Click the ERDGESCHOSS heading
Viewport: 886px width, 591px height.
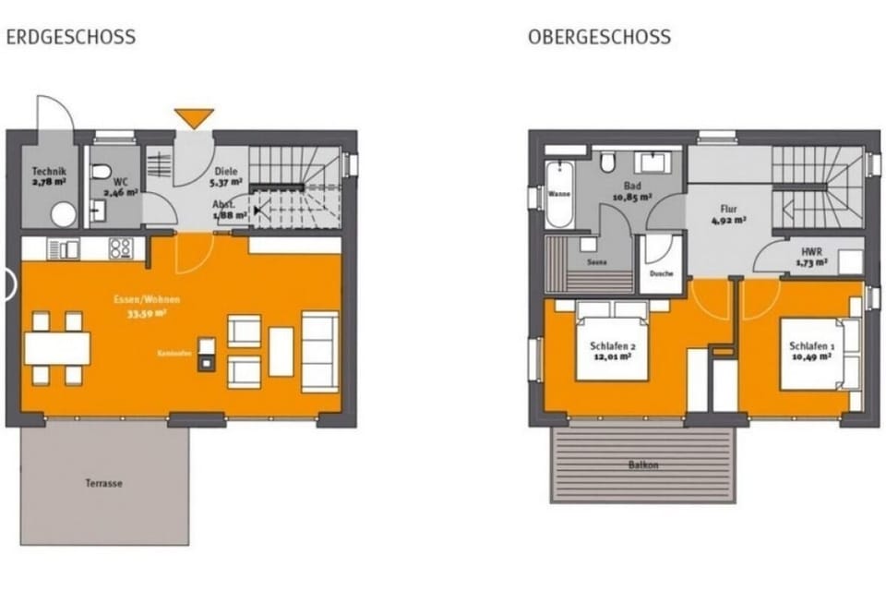pyautogui.click(x=71, y=38)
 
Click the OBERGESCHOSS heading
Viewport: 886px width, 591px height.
pyautogui.click(x=599, y=38)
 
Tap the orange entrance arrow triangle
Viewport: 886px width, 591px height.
pyautogui.click(x=194, y=117)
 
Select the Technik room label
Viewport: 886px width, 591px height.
pyautogui.click(x=47, y=175)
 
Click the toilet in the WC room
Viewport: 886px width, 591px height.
pyautogui.click(x=102, y=172)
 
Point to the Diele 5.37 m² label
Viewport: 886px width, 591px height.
pyautogui.click(x=227, y=176)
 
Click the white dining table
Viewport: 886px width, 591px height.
pyautogui.click(x=57, y=348)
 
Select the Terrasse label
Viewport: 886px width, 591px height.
pyautogui.click(x=106, y=483)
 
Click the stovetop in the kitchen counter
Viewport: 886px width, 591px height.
pyautogui.click(x=121, y=247)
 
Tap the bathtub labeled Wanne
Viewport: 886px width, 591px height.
pyautogui.click(x=559, y=195)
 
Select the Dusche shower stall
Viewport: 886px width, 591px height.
pyautogui.click(x=661, y=263)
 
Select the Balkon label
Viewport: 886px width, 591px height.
pyautogui.click(x=644, y=464)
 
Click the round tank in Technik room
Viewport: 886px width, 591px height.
pyautogui.click(x=63, y=214)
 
